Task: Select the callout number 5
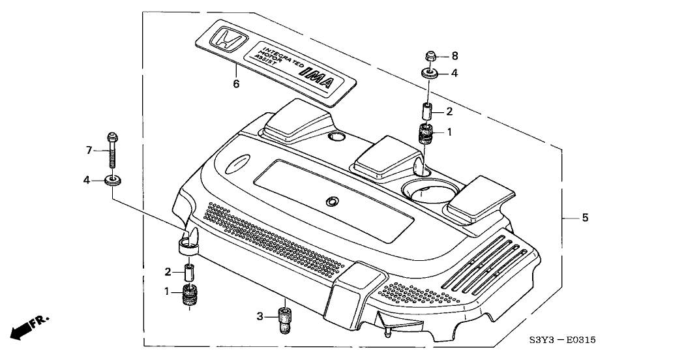[585, 217]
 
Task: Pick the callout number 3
[260, 316]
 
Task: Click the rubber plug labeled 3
[285, 316]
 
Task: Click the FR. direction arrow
[29, 323]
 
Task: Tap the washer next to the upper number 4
[429, 74]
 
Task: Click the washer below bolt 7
[113, 179]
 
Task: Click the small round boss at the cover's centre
[332, 202]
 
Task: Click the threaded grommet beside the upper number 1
[425, 135]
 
